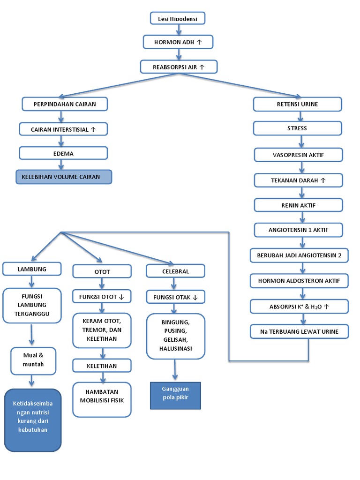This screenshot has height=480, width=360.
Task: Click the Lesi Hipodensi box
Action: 178,18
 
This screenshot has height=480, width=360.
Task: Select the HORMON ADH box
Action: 178,42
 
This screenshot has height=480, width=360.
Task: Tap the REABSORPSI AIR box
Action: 179,67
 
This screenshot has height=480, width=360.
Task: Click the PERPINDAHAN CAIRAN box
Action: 65,104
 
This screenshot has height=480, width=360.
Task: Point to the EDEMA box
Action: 63,153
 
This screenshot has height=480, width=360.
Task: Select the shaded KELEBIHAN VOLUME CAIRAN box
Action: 64,177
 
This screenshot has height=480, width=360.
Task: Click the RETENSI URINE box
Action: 297,104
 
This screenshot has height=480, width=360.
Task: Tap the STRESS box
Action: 298,128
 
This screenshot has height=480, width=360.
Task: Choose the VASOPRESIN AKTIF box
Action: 298,155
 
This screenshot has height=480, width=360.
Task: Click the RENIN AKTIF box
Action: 298,205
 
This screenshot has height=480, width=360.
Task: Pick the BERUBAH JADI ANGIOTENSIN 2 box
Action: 299,256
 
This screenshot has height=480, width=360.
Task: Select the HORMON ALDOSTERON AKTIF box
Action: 299,281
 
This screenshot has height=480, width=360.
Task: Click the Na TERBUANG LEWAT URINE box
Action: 299,331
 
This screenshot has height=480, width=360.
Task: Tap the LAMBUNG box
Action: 32,269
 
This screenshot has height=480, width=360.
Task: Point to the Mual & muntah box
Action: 33,360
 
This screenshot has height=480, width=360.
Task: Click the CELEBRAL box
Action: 176,271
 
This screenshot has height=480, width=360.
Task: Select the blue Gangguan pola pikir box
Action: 175,396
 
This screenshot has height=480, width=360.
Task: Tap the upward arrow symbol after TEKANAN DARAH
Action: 322,180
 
